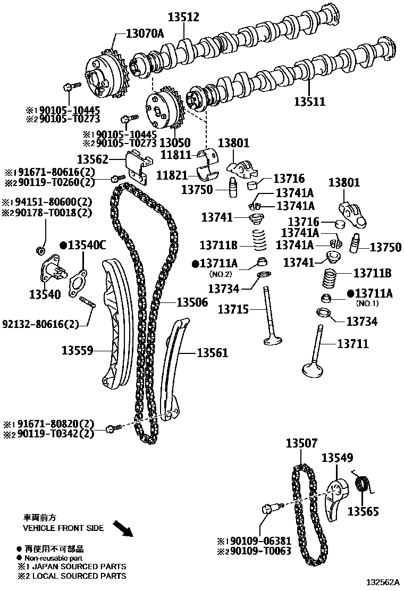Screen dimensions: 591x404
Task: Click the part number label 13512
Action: [x=183, y=17]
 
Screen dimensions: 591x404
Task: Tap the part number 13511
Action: [x=310, y=101]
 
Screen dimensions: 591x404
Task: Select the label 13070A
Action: [x=145, y=34]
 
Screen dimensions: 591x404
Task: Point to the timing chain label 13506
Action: [x=192, y=302]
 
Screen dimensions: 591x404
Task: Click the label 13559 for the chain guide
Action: [x=78, y=350]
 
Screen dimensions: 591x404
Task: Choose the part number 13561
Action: [x=213, y=352]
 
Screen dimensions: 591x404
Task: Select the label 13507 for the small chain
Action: [x=301, y=443]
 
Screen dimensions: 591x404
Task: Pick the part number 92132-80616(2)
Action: [x=40, y=324]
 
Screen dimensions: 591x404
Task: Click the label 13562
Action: [x=93, y=159]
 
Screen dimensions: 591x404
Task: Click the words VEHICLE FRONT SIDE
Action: [x=63, y=528]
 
